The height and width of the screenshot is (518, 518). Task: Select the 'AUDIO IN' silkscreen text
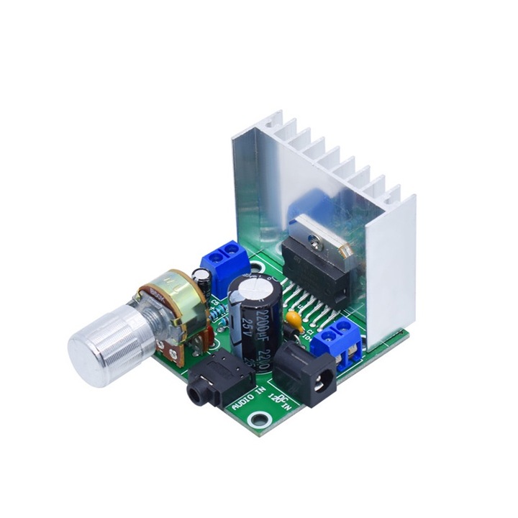point(247,397)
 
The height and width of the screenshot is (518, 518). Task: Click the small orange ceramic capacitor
point(293,317)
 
